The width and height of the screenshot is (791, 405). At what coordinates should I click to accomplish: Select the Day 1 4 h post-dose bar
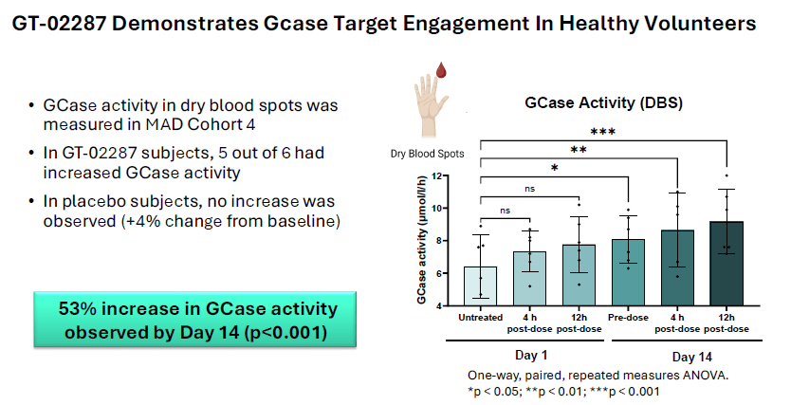(x=530, y=279)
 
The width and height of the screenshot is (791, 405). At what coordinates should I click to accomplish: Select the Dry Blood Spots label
(x=422, y=153)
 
